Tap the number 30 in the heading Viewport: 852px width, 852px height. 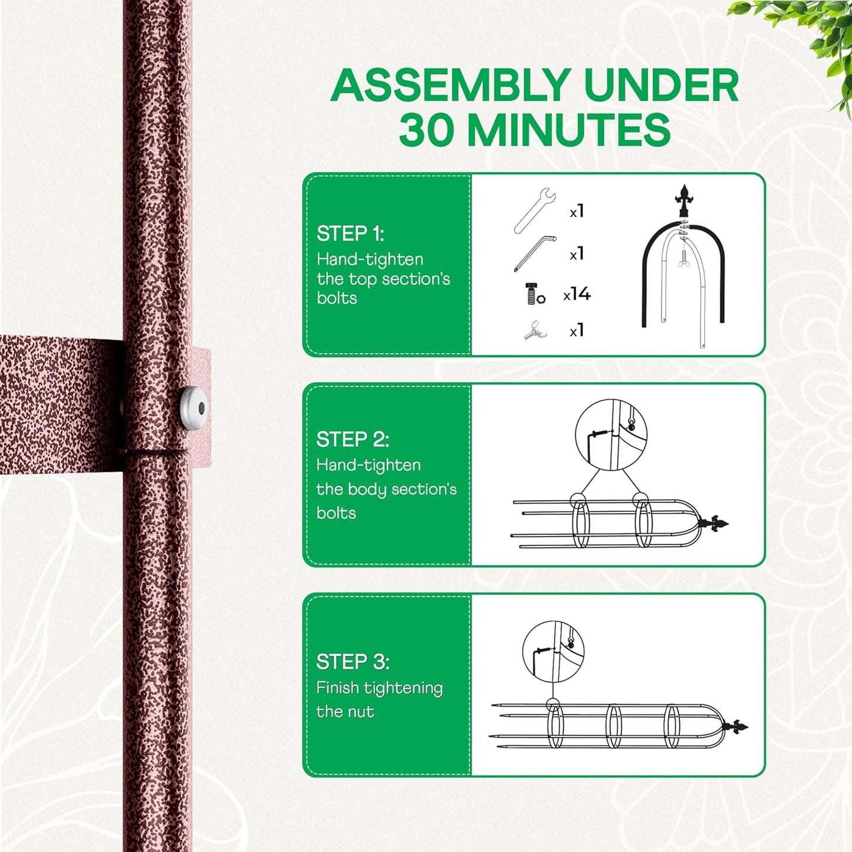coord(426,130)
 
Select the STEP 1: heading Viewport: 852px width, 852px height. coord(350,233)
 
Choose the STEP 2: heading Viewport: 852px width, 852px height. coord(353,439)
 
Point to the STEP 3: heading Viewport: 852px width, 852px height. coord(353,662)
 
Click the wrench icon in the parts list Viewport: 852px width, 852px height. coord(534,210)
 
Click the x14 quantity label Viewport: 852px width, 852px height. coord(577,294)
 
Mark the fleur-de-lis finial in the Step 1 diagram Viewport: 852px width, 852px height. coord(683,200)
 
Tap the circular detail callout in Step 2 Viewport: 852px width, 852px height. coord(611,435)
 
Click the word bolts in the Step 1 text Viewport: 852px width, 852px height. coord(337,298)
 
